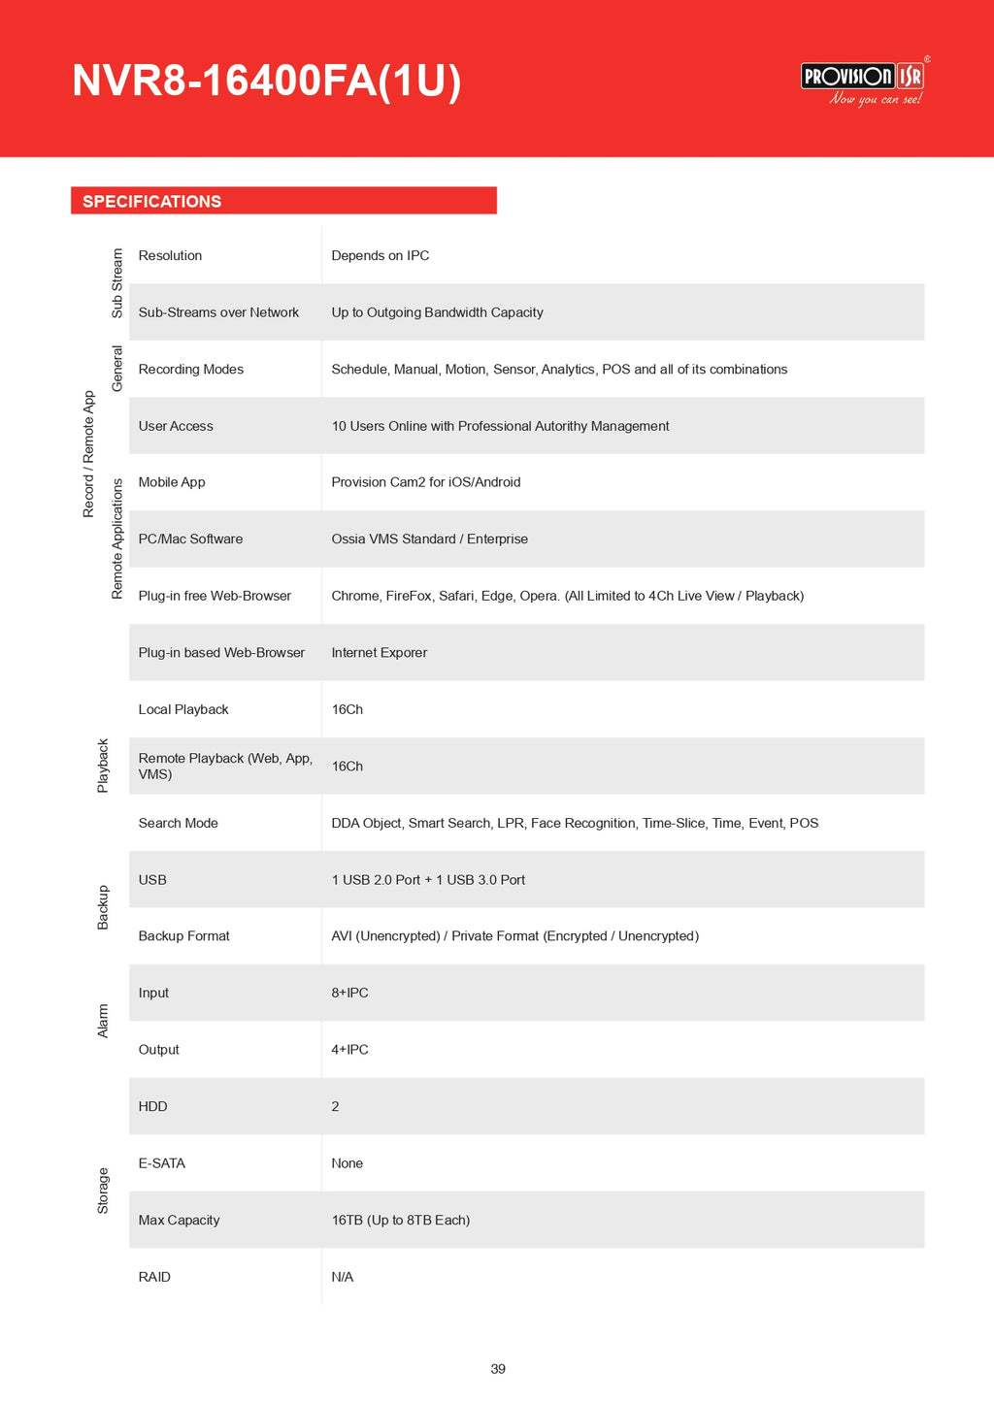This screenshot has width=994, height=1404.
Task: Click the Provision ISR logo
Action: [862, 82]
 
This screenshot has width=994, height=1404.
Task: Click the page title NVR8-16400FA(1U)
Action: [266, 82]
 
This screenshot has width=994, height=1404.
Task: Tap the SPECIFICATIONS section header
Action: [152, 201]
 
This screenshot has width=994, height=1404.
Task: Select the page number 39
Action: [498, 1369]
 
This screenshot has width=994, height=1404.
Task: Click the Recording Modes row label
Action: [191, 369]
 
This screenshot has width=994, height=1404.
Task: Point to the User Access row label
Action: [176, 426]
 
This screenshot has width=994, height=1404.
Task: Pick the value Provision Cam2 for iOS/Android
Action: [426, 482]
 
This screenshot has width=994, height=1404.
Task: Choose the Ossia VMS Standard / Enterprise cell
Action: [430, 539]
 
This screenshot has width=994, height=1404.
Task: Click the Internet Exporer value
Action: [380, 653]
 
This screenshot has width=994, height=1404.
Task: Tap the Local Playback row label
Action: [183, 709]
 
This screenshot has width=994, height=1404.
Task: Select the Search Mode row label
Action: [179, 823]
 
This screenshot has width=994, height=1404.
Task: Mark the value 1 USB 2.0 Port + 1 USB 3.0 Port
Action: [428, 880]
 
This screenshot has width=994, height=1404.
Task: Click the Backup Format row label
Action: [184, 936]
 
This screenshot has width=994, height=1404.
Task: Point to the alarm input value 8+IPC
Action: [350, 993]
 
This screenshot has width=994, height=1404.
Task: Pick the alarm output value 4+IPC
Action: [350, 1050]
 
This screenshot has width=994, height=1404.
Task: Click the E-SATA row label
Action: [162, 1163]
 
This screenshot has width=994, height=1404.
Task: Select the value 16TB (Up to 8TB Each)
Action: [401, 1220]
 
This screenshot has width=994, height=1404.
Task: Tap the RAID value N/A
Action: [343, 1277]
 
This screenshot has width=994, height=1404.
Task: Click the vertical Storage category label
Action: [103, 1191]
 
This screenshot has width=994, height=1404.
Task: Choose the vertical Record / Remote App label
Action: [88, 454]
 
